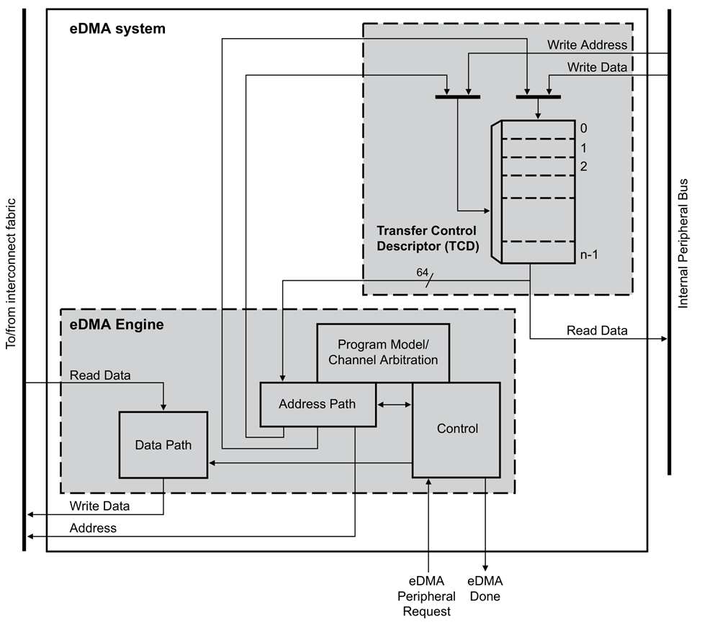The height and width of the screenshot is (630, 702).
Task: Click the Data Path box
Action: click(163, 444)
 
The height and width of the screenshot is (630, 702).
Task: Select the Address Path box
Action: click(317, 403)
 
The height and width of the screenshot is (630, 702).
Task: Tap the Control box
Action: click(456, 429)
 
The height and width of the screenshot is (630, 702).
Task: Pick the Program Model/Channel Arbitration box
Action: click(383, 352)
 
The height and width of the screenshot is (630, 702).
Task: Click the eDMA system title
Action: click(117, 29)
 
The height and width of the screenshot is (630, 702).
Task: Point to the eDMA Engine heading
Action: click(117, 324)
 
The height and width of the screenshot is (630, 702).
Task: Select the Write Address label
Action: click(587, 45)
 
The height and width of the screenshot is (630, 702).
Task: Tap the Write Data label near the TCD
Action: click(597, 67)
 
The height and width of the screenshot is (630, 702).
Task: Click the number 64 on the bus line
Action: click(423, 273)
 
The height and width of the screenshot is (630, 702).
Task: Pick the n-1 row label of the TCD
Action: click(588, 254)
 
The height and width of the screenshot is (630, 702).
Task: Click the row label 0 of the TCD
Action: click(583, 128)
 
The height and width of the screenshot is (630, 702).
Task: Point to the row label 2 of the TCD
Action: click(583, 166)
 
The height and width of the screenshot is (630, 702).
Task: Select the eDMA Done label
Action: click(485, 588)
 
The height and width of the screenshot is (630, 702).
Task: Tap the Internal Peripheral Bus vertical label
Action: click(683, 243)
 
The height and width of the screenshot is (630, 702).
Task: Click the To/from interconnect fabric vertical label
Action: click(11, 273)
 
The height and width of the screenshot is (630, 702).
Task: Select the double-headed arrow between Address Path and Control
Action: click(394, 406)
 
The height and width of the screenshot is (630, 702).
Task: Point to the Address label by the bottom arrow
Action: click(93, 528)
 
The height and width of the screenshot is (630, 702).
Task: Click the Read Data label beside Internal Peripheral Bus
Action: click(597, 331)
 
